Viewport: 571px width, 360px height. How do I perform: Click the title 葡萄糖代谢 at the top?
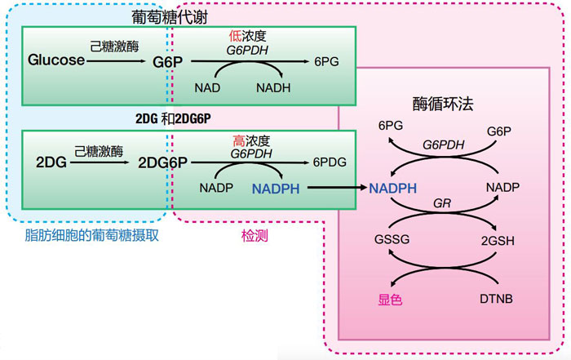pyautogui.click(x=175, y=16)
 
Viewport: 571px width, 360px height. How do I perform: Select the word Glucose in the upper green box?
pyautogui.click(x=56, y=60)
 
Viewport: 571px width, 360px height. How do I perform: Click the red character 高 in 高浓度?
pyautogui.click(x=237, y=140)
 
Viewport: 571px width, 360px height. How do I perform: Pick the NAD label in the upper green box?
pyautogui.click(x=206, y=86)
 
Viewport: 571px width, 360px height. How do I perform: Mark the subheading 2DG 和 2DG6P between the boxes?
pyautogui.click(x=174, y=118)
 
